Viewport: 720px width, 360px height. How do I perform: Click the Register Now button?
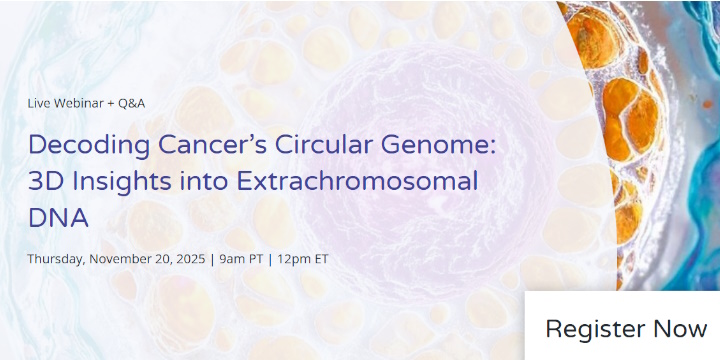625,328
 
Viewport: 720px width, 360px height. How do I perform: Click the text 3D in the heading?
45,182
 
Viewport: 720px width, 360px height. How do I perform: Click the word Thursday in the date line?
56,259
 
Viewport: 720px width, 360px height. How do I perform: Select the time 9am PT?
240,259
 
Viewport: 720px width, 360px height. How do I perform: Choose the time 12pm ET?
302,259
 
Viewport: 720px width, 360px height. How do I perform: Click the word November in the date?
121,259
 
